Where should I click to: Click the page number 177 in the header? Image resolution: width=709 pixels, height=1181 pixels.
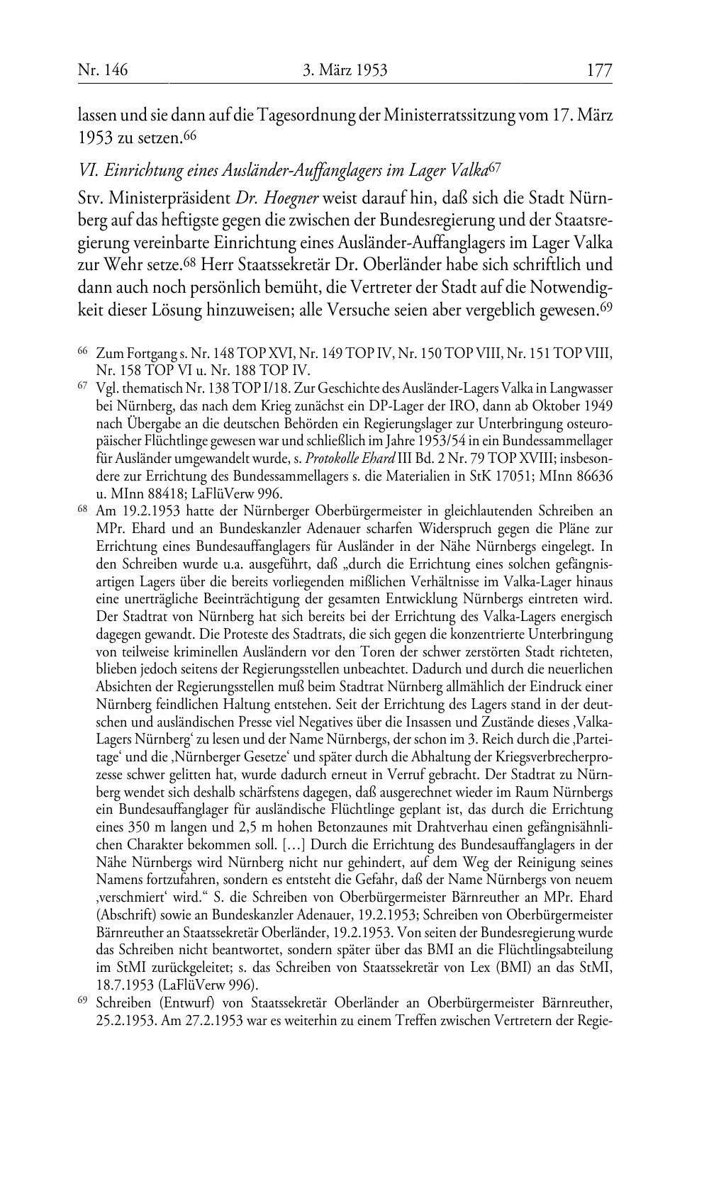pos(598,70)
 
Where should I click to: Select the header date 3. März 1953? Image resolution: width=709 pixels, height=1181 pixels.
pos(345,70)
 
